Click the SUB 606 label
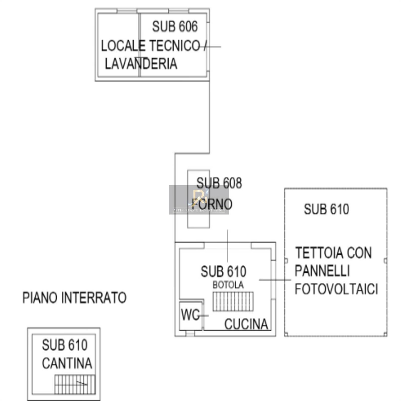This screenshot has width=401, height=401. coord(175,27)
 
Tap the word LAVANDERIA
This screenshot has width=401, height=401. coord(141,64)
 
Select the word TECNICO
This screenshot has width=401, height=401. coord(175,46)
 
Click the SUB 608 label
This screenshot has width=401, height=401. coord(219,183)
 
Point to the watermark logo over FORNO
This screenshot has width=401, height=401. coord(199,199)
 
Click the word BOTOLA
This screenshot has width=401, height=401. coord(228,285)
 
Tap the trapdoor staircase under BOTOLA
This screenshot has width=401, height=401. coord(233,302)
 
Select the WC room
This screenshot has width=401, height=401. coord(190,315)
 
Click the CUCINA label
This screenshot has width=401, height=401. coord(246,324)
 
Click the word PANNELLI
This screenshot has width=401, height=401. coord(322,271)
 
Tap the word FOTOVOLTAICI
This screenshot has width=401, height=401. coord(336,289)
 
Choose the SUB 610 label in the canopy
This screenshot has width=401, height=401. coord(326,209)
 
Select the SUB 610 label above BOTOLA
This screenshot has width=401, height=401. coord(223,271)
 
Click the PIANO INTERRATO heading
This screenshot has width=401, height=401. coord(74,298)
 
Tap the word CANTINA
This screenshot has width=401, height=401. coord(67,363)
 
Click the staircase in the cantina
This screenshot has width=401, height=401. coord(75,384)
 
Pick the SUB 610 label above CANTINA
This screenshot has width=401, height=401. coord(65,345)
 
